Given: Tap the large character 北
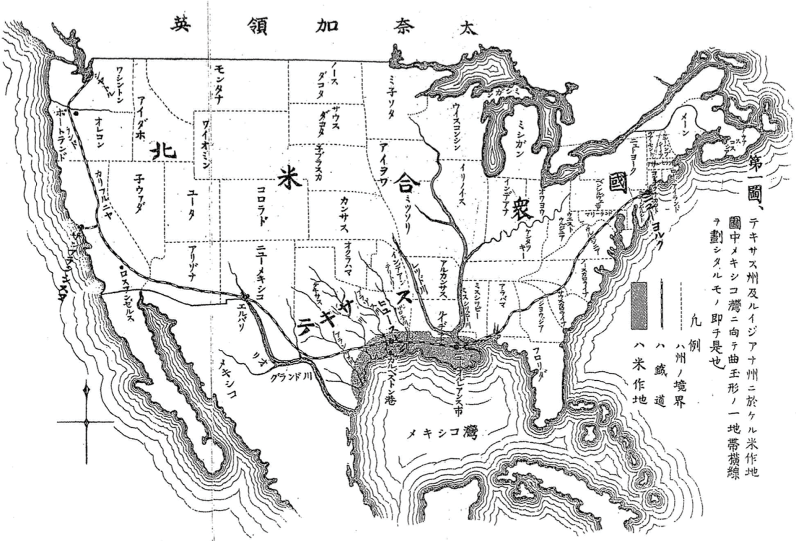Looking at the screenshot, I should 163,152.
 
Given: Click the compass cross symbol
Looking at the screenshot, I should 87,421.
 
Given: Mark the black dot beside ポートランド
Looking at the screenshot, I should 76,114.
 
